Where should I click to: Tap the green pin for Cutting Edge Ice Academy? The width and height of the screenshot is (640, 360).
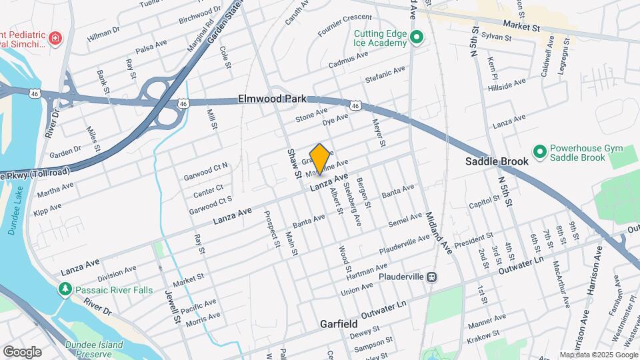[x=417, y=37]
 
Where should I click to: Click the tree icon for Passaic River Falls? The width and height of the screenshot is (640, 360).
[x=65, y=289]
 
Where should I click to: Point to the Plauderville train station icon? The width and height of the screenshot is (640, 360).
[x=432, y=276]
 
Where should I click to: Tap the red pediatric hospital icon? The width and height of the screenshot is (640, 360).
[x=56, y=38]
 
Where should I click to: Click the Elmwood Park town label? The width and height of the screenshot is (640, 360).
[x=272, y=99]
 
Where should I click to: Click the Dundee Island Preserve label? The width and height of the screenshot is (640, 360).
[x=94, y=349]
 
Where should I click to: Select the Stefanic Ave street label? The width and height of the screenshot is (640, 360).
[x=385, y=75]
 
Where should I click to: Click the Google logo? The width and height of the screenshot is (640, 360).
[x=22, y=352]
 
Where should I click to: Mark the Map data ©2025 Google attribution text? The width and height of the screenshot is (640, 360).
[x=598, y=355]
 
